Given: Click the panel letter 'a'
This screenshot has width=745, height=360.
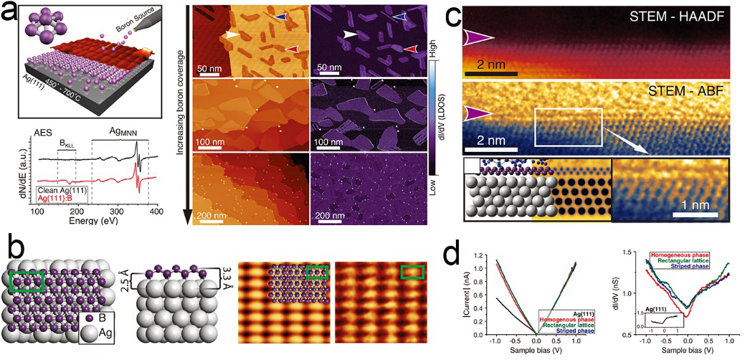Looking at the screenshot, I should (11, 12).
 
